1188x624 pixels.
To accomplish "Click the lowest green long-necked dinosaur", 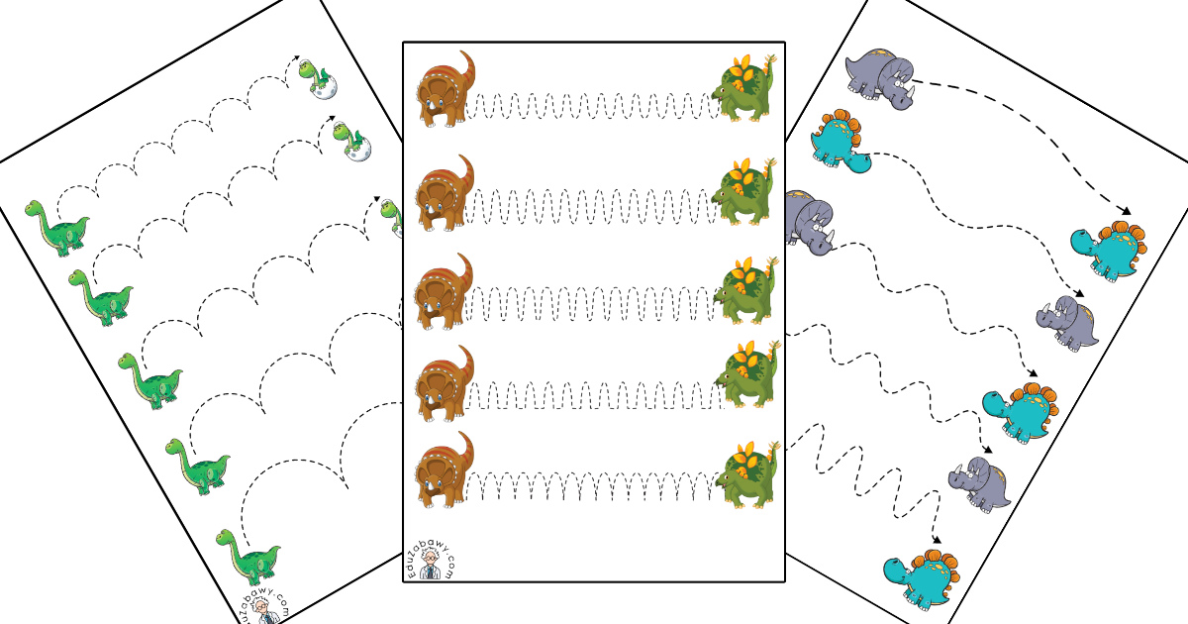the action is [248, 557].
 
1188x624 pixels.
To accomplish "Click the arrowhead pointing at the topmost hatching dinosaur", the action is [295, 57].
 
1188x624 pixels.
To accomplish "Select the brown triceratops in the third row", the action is [444, 292].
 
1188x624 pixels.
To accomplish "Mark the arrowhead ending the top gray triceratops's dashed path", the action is [1126, 211].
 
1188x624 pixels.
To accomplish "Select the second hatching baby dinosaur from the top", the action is [352, 141].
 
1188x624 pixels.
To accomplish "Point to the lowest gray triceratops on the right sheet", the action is [979, 485].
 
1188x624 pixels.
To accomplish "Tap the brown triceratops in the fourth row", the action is [445, 383].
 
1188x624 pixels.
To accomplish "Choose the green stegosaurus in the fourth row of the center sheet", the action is [747, 373].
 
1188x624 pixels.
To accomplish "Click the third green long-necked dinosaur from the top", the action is [150, 381].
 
